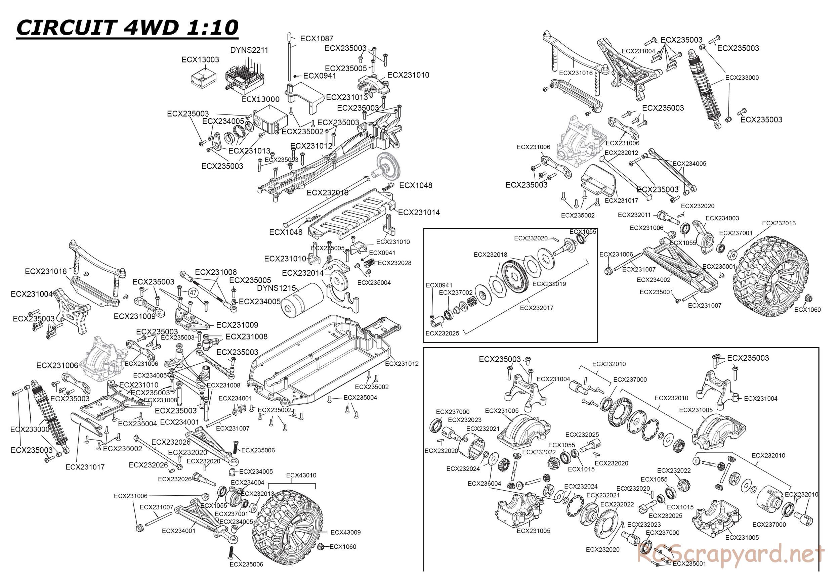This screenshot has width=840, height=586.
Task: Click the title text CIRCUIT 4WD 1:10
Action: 127,28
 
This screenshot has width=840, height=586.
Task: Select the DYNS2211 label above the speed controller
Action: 249,50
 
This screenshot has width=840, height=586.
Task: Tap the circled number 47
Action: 193,293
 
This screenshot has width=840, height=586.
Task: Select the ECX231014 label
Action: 419,212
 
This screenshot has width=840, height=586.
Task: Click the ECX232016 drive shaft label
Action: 328,193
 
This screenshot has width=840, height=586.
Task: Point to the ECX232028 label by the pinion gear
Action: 394,263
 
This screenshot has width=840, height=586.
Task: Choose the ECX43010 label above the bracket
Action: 301,475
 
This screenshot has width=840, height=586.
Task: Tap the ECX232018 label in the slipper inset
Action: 490,255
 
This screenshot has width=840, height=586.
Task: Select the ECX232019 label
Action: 549,284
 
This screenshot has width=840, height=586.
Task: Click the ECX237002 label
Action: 456,292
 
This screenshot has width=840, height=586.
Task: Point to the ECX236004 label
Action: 485,483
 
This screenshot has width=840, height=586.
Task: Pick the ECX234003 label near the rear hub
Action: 722,218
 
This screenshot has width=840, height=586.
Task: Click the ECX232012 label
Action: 621,153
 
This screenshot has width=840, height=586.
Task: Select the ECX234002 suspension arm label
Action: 654,280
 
